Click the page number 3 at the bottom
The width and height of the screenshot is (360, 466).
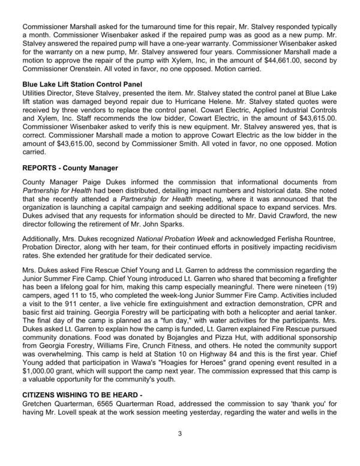(179, 450)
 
